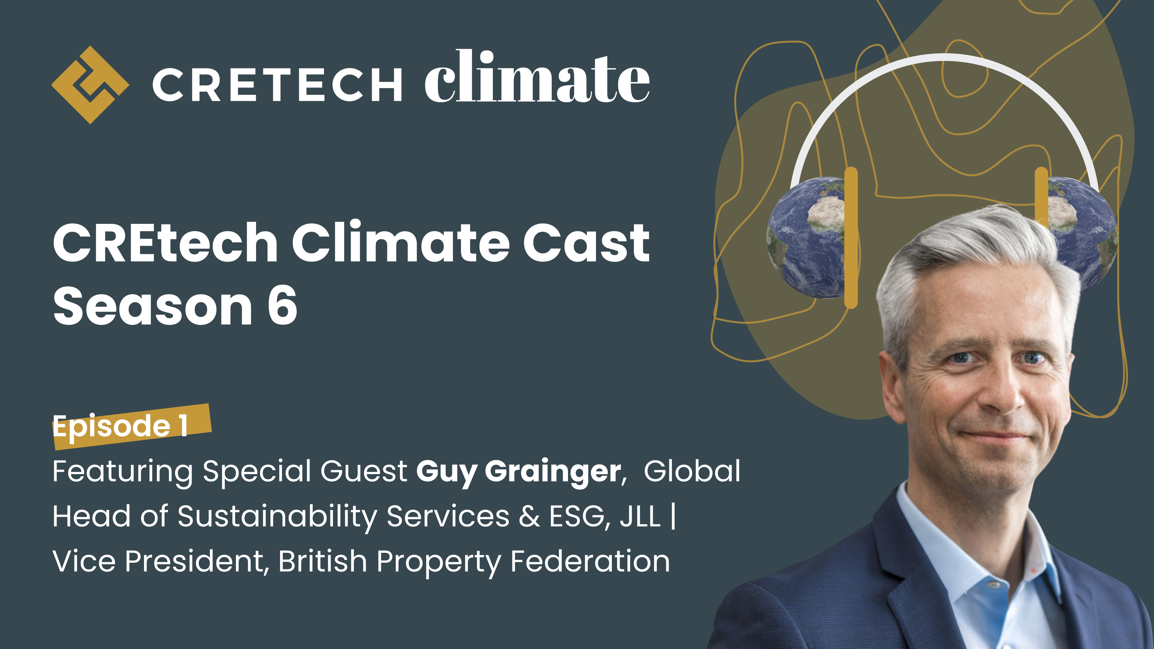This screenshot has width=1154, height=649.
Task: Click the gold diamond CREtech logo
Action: click(90, 85)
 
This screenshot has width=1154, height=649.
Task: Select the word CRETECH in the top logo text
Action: click(277, 85)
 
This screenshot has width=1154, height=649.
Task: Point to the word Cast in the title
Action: click(586, 243)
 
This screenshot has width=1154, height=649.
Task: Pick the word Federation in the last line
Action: click(590, 561)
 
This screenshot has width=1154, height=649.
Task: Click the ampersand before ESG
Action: click(529, 516)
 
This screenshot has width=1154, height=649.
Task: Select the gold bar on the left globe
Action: click(851, 237)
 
